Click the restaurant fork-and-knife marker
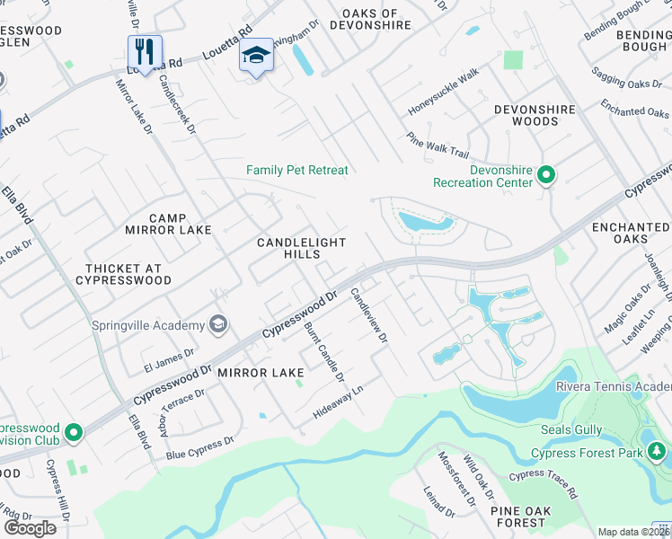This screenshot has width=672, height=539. point(144,51)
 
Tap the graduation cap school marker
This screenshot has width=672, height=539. point(256,56)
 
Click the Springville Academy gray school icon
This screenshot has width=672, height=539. point(217,324)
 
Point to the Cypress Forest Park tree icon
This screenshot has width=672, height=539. point(657,449)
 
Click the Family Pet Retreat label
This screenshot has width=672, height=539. point(296,170)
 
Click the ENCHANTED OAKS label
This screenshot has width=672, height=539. point(631,234)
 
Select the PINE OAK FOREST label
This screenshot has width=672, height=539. point(520,516)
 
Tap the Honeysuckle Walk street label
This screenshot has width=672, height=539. point(444,93)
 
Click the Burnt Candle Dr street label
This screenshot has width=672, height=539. point(323,351)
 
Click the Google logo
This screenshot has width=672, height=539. point(30,527)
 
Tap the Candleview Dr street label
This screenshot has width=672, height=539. point(368,315)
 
